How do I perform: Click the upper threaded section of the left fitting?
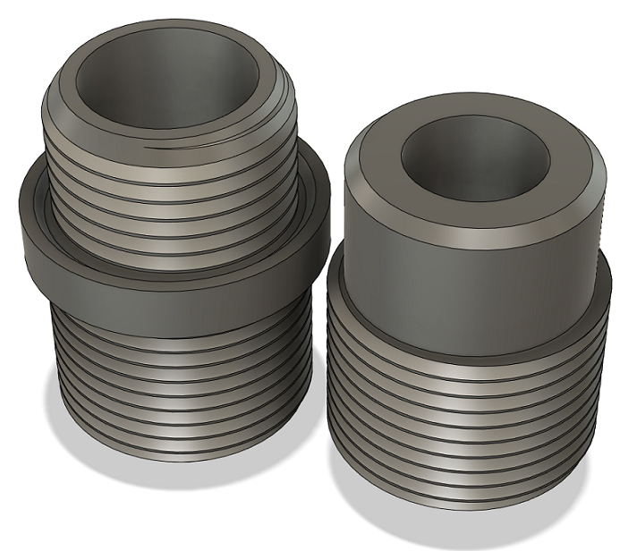(x=170, y=197)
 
